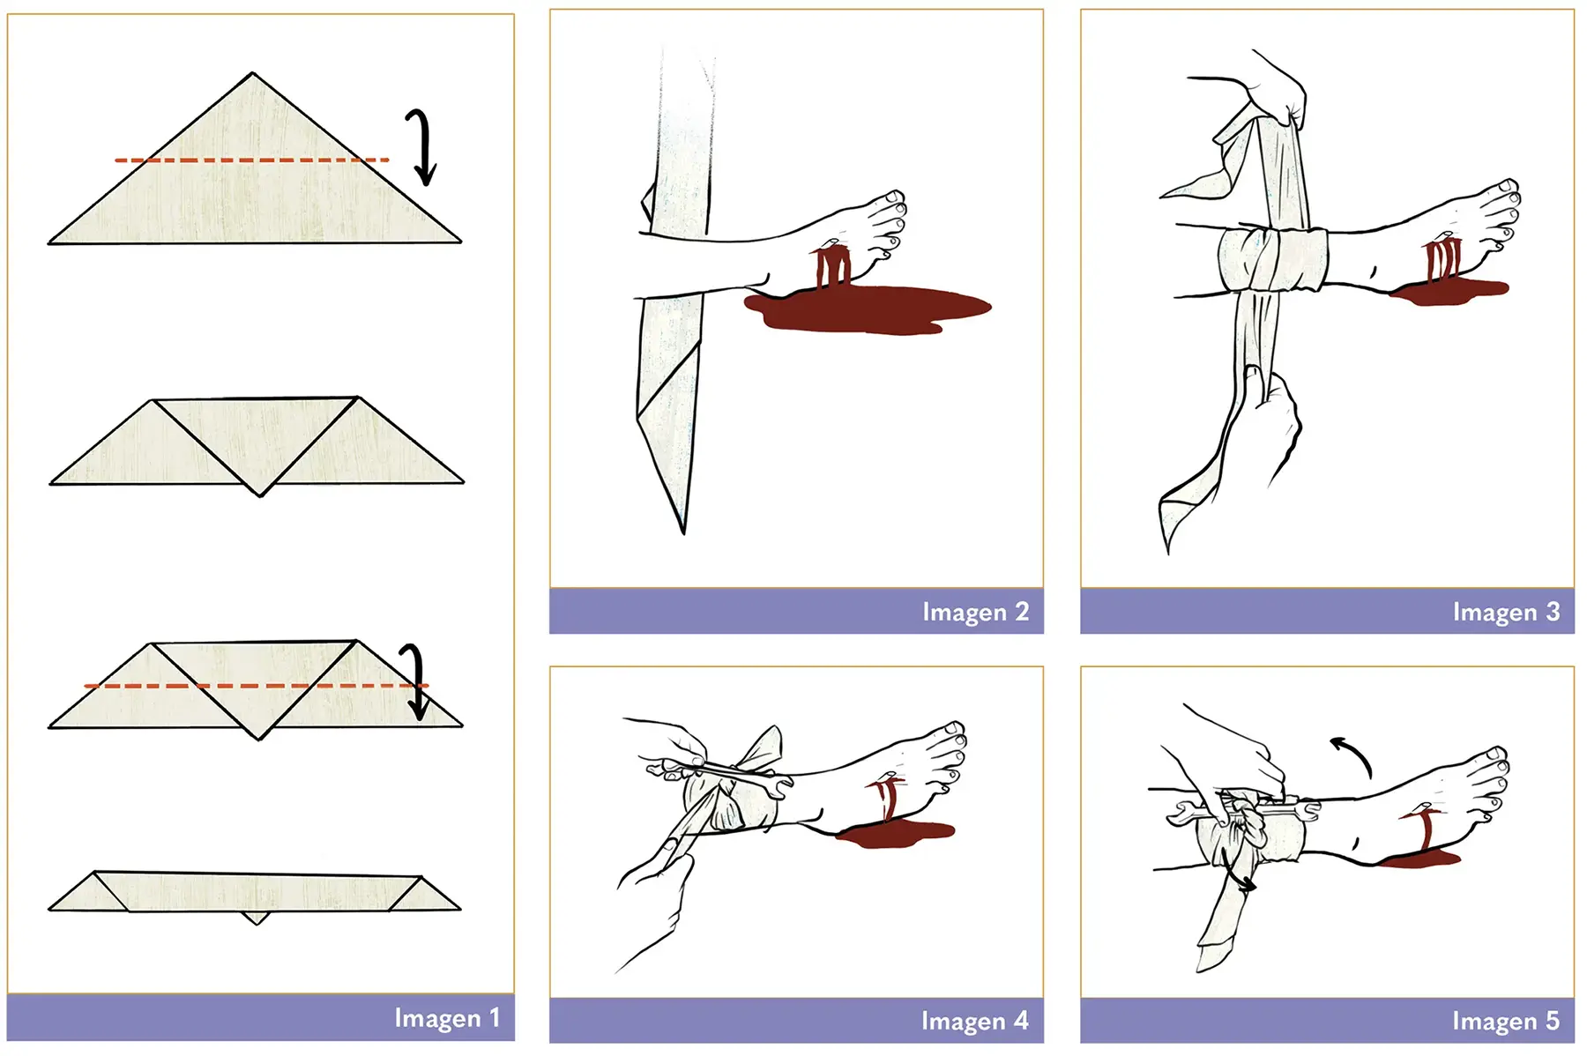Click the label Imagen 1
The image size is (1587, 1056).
[447, 1017]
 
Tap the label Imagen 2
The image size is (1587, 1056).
[975, 611]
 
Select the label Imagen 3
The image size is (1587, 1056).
[1506, 611]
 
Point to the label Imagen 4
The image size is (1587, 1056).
[974, 1020]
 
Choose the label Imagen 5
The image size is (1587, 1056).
[1506, 1020]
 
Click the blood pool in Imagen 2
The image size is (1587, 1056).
[868, 309]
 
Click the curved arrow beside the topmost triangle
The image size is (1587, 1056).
[423, 147]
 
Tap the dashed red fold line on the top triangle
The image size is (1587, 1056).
[252, 160]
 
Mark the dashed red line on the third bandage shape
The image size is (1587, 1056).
[256, 685]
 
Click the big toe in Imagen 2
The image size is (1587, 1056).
[892, 198]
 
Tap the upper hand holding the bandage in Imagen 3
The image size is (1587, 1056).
[1270, 88]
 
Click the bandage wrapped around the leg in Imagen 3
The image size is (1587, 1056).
[1272, 260]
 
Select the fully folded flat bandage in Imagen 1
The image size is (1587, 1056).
[255, 892]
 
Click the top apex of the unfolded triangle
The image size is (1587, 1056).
[252, 73]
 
